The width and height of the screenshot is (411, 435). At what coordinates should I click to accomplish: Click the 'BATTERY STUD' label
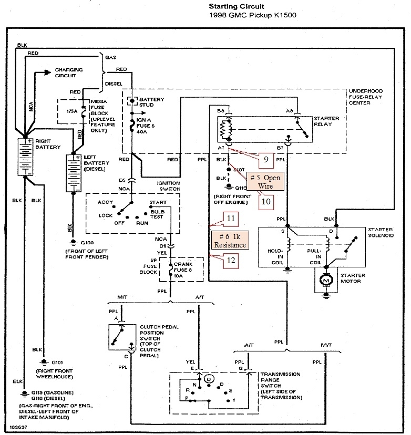click(x=151, y=102)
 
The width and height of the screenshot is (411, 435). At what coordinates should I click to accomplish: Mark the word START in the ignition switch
click(x=158, y=202)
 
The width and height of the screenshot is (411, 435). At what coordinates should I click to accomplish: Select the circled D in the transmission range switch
click(x=210, y=378)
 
